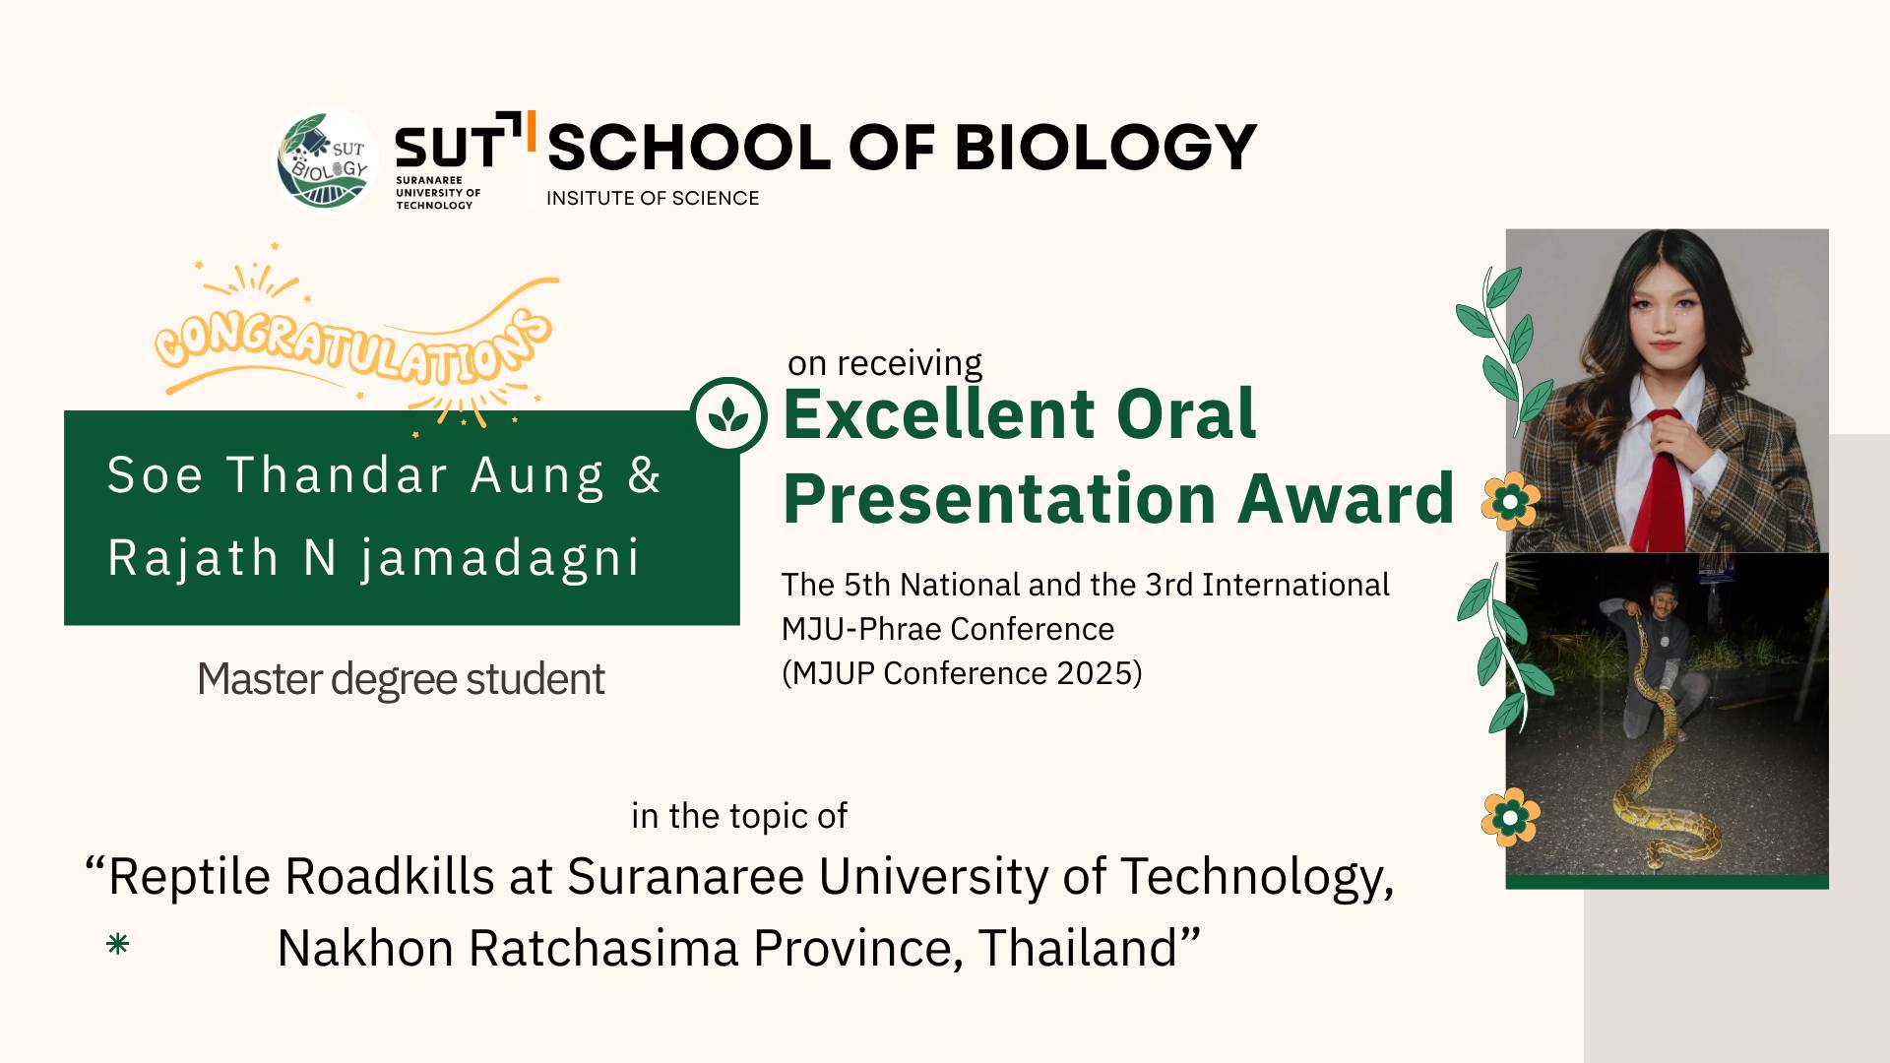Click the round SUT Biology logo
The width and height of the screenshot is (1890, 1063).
point(325,159)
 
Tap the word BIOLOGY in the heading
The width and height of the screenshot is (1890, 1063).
point(1105,148)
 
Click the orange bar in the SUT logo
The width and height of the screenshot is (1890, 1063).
point(532,130)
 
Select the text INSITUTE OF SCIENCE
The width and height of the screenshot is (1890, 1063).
point(653,198)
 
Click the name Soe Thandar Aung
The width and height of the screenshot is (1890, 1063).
point(355,475)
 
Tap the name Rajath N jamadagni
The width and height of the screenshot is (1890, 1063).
point(374,558)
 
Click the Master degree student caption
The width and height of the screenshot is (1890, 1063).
point(401,679)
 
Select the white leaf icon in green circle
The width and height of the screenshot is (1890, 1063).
point(728,415)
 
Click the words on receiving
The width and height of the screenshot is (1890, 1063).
point(885,363)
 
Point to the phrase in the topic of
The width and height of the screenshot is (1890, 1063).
point(739,816)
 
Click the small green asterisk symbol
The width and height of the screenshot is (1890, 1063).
point(117,945)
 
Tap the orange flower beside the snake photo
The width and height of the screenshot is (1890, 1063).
point(1510,817)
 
